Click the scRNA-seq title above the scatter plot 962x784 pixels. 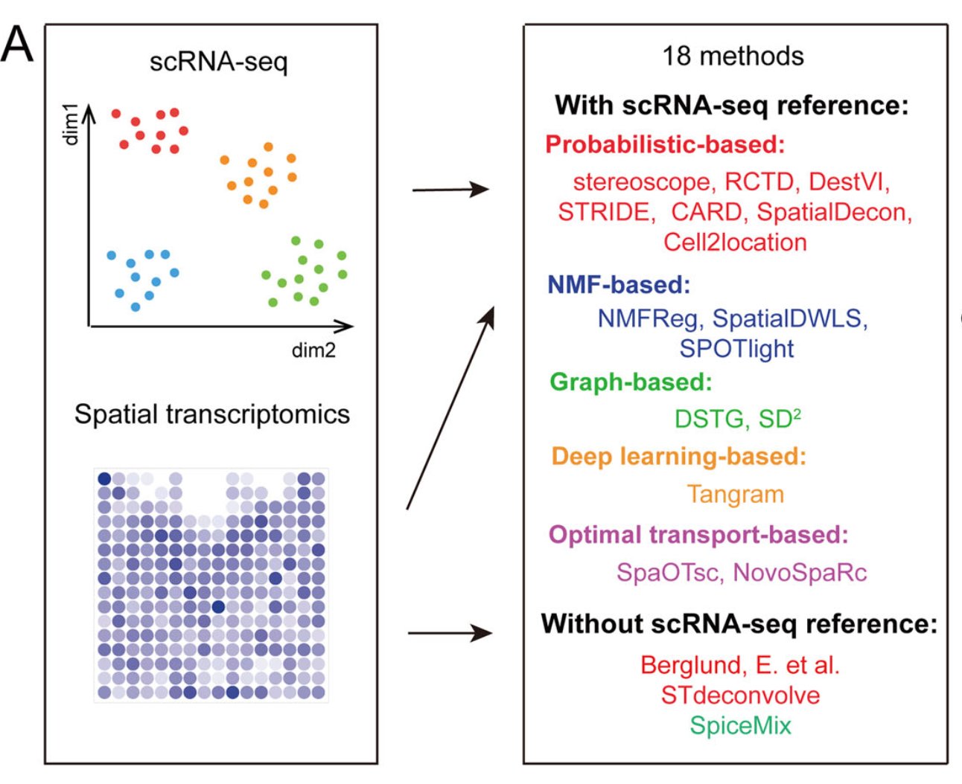point(218,61)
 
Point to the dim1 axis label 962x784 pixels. point(71,125)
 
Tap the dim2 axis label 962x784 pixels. point(313,350)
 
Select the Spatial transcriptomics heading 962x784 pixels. point(212,414)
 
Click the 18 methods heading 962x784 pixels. point(733,57)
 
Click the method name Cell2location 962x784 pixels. point(735,242)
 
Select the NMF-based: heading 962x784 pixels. point(619,285)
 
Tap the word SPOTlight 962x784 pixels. point(736,349)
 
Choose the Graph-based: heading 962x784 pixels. point(631,382)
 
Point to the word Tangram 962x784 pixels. point(735,495)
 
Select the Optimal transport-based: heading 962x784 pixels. point(698,535)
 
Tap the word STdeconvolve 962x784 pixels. point(740,695)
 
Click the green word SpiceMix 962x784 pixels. point(740,725)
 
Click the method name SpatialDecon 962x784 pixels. point(834,213)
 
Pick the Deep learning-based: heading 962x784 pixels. point(678,457)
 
